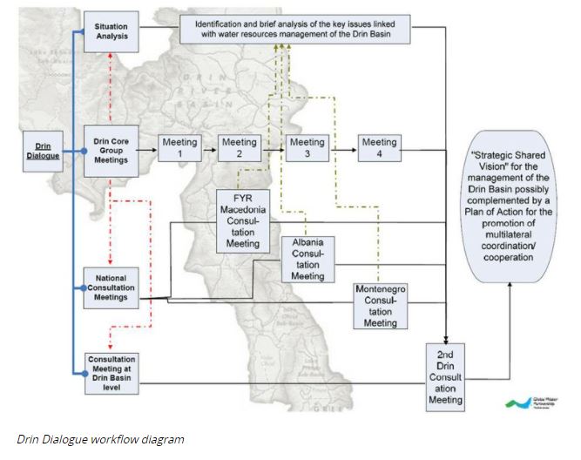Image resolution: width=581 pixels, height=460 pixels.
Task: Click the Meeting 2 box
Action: [238, 149]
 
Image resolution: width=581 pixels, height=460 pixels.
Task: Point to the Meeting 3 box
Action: [307, 149]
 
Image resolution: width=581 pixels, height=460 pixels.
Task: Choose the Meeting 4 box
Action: [379, 149]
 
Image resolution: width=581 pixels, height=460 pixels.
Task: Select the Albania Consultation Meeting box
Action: [307, 258]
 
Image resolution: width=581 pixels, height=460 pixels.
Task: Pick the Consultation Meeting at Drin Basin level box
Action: [111, 373]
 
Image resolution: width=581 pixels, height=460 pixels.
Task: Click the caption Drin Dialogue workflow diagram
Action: [101, 439]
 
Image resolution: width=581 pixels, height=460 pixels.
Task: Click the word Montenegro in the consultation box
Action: [380, 290]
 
